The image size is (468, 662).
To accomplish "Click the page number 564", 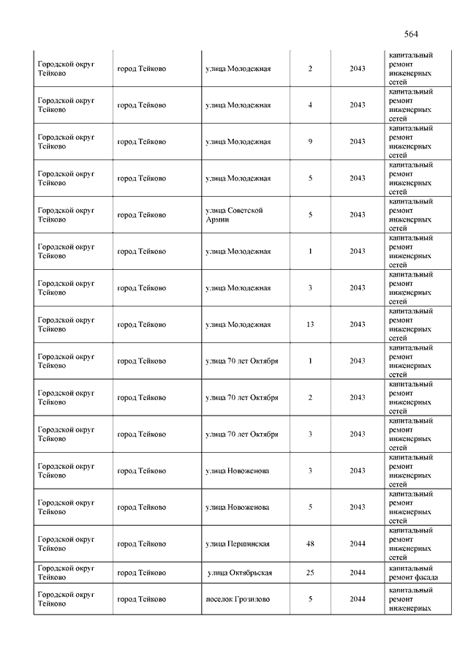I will pos(410,34).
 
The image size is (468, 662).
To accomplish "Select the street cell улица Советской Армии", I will pos(234,215).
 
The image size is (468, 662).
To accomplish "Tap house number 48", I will pos(310,544).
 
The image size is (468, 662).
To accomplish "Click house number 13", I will pos(310,325).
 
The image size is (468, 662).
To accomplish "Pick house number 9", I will pos(310,142).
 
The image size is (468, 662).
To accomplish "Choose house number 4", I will pos(310,105).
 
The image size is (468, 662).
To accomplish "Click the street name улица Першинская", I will pos(238,544).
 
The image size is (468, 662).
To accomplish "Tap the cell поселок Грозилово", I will pos(238,600).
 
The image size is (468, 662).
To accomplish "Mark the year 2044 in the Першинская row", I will pos(357,544).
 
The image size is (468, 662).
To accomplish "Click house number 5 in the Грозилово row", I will pos(310,600).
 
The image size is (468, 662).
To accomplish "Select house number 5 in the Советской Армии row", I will pos(310,215).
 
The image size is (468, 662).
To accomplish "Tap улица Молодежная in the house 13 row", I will pos(238,325).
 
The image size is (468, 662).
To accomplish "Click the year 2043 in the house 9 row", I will pos(357,142).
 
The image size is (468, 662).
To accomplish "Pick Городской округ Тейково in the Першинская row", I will pos(66,544).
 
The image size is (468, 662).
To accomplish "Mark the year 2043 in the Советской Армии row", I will pos(357,215).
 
